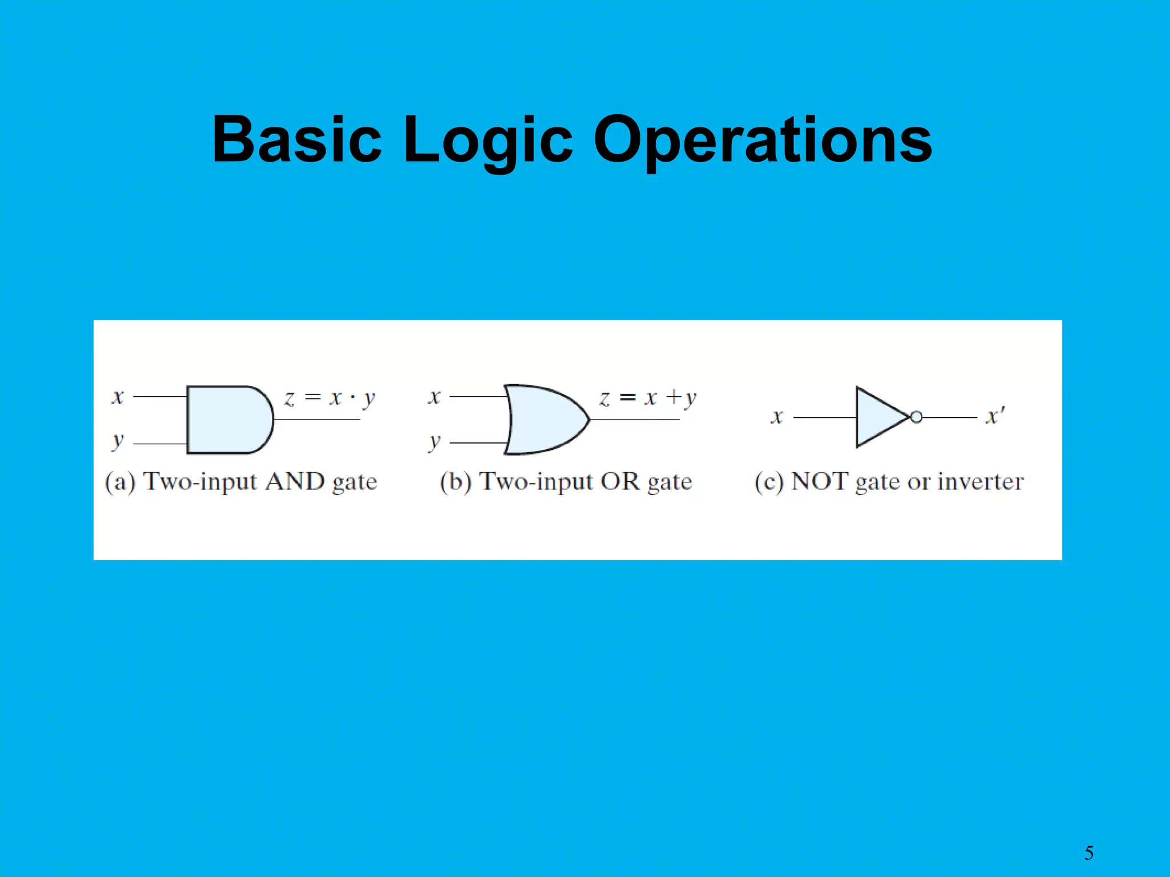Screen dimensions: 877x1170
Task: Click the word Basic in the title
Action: point(296,139)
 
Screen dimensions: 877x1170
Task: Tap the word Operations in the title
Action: point(763,139)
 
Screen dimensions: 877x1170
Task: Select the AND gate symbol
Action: point(229,420)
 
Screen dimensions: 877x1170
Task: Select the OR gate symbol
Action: point(546,420)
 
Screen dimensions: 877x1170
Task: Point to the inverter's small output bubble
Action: point(916,417)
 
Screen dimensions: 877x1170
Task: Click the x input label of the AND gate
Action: point(118,396)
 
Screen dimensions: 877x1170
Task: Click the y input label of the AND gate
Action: point(118,441)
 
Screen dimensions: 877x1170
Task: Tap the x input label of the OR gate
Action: point(435,396)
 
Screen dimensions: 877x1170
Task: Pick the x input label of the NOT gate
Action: point(777,417)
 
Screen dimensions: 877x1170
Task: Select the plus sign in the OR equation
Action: point(674,396)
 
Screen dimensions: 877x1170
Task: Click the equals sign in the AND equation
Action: point(312,396)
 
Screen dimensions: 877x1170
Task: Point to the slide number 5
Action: point(1089,853)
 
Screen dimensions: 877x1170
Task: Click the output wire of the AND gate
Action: point(317,420)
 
